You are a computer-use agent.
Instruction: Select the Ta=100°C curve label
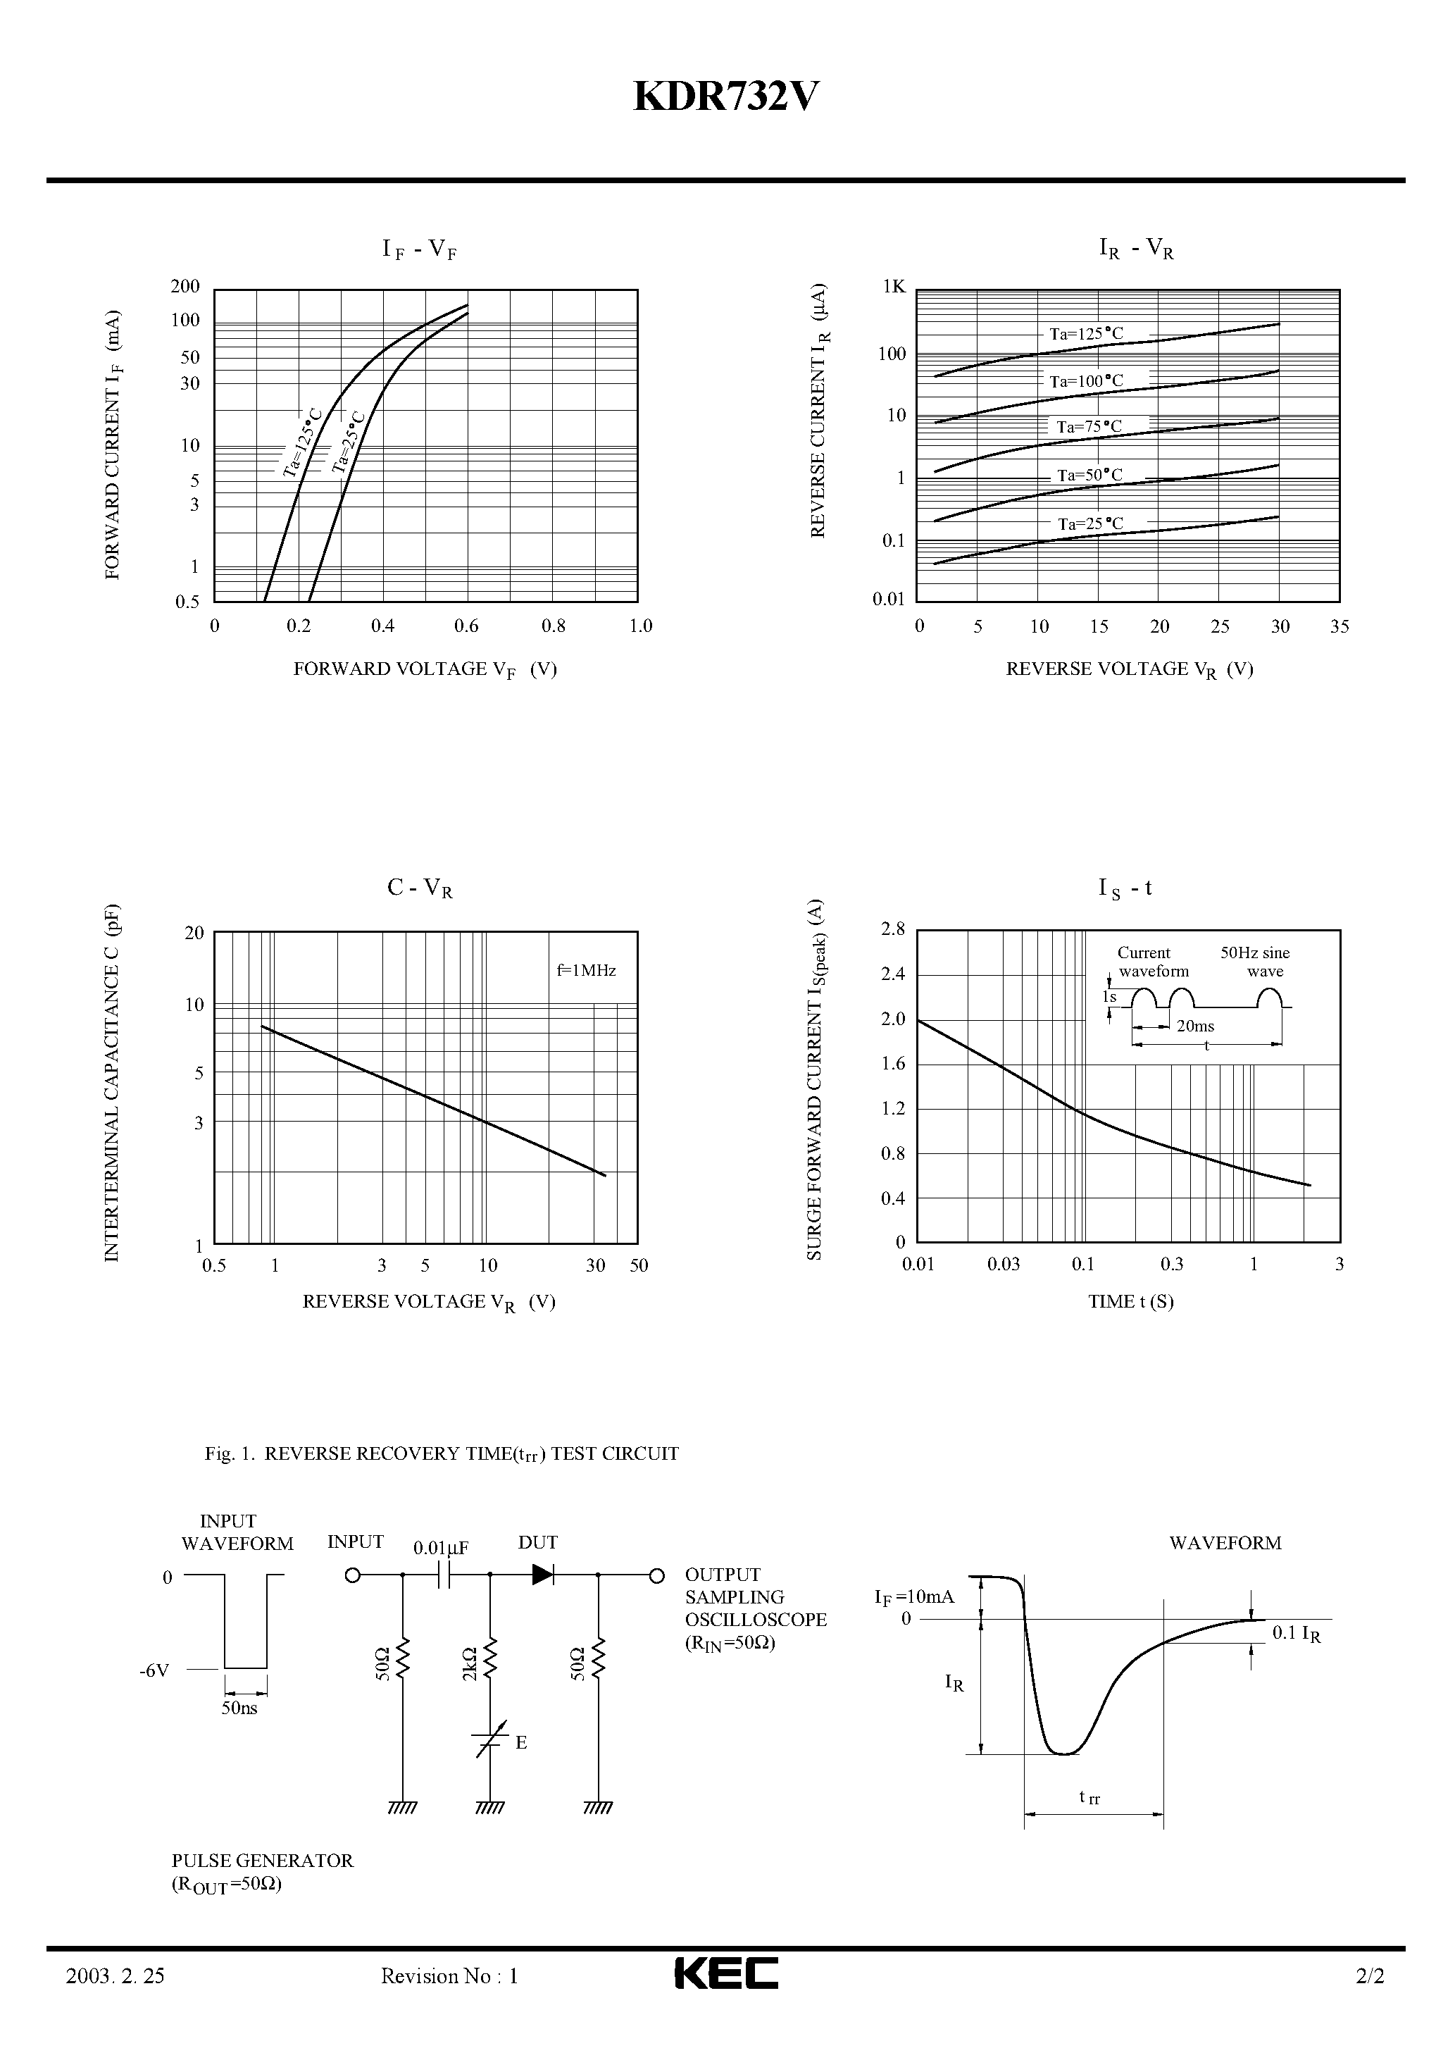tap(1086, 381)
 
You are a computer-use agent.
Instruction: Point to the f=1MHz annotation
tap(586, 970)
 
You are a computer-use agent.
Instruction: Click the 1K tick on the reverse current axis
tap(894, 287)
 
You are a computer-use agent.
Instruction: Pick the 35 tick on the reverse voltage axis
tap(1340, 627)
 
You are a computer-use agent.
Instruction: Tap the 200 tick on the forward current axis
tap(186, 287)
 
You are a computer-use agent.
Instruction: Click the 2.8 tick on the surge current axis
tap(894, 929)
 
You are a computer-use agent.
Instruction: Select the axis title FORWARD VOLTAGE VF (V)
tap(425, 669)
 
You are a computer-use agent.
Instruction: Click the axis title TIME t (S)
tap(1130, 1302)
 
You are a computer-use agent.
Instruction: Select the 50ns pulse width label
tap(239, 1708)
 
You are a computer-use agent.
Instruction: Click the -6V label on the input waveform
tap(154, 1670)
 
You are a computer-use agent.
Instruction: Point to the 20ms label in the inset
tap(1195, 1026)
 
